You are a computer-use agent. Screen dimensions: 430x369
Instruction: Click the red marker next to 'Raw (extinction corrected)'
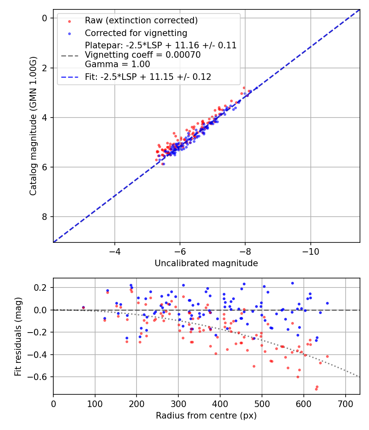[69, 20]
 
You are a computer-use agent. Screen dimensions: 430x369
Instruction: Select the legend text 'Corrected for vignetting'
[136, 33]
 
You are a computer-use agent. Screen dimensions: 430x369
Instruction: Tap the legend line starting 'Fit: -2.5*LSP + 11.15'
[148, 77]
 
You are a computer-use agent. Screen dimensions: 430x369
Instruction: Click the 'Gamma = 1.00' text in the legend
[117, 64]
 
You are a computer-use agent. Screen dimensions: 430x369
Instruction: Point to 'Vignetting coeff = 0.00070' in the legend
[143, 55]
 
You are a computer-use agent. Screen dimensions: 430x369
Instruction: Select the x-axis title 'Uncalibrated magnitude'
[206, 263]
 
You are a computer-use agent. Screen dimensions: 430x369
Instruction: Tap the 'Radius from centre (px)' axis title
[206, 416]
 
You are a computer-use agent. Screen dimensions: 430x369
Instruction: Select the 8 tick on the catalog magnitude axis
[45, 217]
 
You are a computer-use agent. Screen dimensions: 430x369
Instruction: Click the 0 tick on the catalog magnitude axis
[45, 18]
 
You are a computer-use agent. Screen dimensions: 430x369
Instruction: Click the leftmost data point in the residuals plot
[83, 307]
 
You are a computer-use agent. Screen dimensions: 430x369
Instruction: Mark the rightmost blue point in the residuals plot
[327, 303]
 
